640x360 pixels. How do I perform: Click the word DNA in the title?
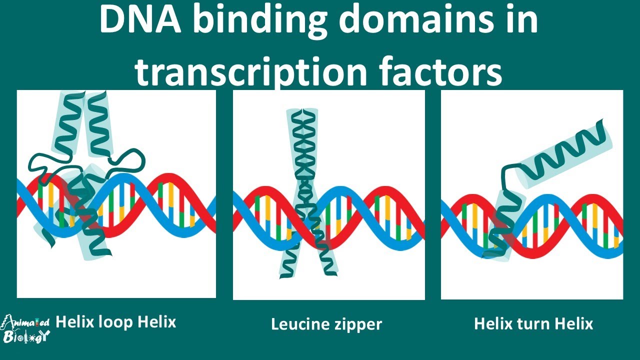click(x=140, y=19)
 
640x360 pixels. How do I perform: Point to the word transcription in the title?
click(x=251, y=71)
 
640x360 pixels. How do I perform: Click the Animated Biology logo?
click(x=25, y=329)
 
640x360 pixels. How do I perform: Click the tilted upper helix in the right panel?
click(x=564, y=155)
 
